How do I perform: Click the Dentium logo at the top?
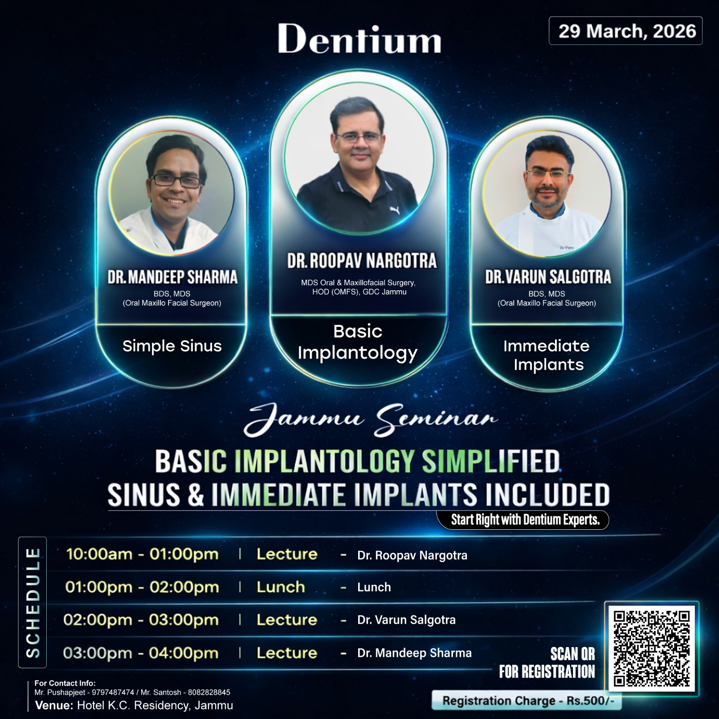359,39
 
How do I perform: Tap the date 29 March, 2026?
627,31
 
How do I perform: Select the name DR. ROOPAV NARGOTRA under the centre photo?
362,261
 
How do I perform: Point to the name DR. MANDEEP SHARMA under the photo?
172,277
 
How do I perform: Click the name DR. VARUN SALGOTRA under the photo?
548,277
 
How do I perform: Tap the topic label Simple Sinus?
172,346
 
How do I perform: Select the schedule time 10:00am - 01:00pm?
142,554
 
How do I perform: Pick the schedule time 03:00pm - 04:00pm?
141,653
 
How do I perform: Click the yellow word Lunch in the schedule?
281,587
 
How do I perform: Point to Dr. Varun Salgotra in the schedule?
406,620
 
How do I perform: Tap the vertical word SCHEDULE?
33,603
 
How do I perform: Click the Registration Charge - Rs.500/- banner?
527,701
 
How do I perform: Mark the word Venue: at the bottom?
54,706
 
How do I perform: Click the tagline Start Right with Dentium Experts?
525,520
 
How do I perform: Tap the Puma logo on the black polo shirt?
394,209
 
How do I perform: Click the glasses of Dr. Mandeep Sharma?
175,181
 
